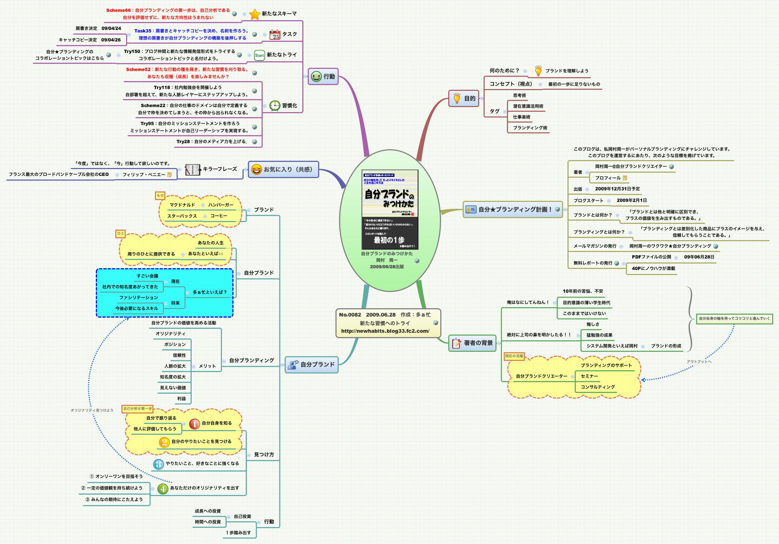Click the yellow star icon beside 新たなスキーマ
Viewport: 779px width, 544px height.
(x=254, y=14)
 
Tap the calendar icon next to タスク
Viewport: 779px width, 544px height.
(x=275, y=35)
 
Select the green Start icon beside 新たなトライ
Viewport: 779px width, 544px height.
(x=259, y=55)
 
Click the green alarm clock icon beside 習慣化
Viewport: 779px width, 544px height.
(x=275, y=106)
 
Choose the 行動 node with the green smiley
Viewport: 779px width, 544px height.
(x=323, y=76)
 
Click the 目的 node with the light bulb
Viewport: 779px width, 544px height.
(x=464, y=98)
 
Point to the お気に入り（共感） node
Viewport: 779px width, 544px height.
(x=283, y=169)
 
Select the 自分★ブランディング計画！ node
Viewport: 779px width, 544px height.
(x=512, y=209)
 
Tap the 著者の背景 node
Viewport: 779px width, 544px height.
(x=472, y=343)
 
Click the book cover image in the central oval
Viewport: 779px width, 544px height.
(x=389, y=209)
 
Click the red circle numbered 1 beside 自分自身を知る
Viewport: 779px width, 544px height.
(x=194, y=424)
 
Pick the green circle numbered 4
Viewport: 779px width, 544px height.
(x=163, y=489)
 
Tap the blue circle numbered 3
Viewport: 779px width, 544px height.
(x=159, y=464)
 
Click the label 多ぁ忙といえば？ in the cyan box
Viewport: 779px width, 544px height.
(x=210, y=292)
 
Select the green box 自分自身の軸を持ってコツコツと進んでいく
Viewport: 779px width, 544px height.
(x=734, y=319)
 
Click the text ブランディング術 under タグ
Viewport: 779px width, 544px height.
(x=530, y=128)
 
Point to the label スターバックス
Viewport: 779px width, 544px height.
(x=182, y=216)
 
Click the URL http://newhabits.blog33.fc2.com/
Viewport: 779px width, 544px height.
(x=385, y=331)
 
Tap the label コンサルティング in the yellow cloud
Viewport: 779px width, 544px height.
(x=597, y=387)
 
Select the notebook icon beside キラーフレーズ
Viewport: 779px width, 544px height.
(x=192, y=169)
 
